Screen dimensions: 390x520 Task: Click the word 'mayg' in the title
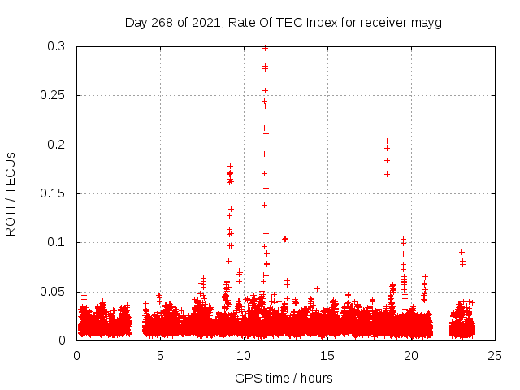pos(427,22)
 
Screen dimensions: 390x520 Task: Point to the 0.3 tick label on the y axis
pos(56,47)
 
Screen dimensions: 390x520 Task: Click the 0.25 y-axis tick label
pos(53,96)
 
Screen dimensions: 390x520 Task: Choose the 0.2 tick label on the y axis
pos(56,145)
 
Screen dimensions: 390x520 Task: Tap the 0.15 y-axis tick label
pos(53,193)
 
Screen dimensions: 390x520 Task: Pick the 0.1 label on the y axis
pos(56,242)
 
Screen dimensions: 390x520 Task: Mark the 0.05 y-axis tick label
pos(53,291)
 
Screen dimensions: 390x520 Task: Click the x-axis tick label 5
pos(161,355)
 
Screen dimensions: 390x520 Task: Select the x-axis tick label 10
pos(245,355)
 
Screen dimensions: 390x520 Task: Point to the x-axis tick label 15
pos(328,355)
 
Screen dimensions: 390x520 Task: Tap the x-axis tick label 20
pos(412,355)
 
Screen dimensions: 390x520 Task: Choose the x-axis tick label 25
pos(496,355)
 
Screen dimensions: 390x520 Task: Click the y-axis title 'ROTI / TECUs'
pos(11,193)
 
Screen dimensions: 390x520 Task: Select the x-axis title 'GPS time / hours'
pos(284,378)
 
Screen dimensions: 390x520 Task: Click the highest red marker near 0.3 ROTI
pos(265,48)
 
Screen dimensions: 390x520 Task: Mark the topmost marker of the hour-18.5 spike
pos(387,141)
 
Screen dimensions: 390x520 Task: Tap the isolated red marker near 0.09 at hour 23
pos(461,252)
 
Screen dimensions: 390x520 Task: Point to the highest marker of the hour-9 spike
pos(230,167)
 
